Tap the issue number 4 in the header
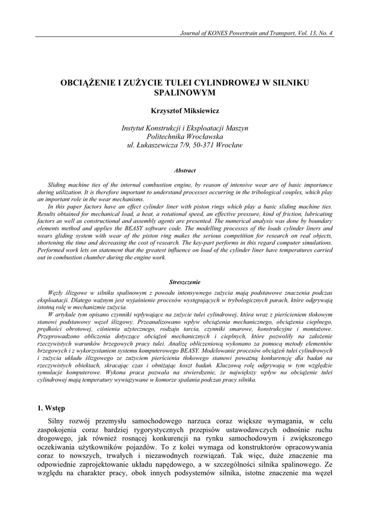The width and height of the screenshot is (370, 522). coord(331,34)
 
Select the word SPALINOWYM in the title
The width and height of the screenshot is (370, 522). coord(185,93)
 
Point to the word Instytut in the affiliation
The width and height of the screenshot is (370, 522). coord(134,128)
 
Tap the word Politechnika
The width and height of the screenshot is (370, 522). coord(169,137)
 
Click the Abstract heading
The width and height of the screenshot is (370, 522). coord(185,171)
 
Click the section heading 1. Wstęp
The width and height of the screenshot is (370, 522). coord(51,408)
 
